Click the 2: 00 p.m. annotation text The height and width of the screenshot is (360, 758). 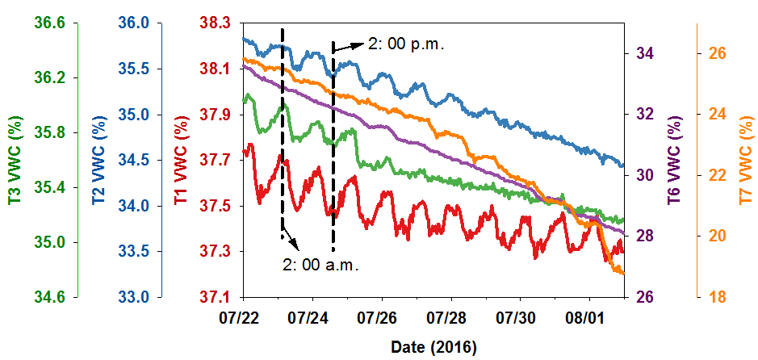click(406, 44)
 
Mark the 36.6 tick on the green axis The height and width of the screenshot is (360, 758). click(50, 23)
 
